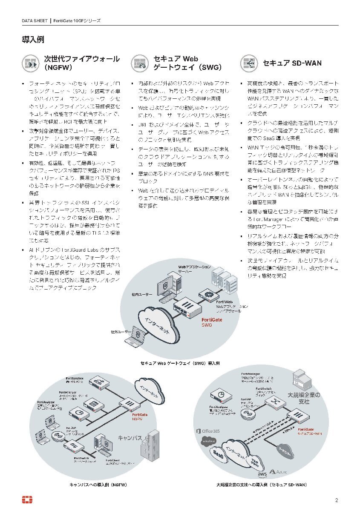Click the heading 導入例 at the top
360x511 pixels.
pyautogui.click(x=33, y=40)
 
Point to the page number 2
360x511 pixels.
pyautogui.click(x=337, y=500)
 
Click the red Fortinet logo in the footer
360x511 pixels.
pyautogui.click(x=28, y=500)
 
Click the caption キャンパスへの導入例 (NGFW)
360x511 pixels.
pyautogui.click(x=98, y=485)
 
